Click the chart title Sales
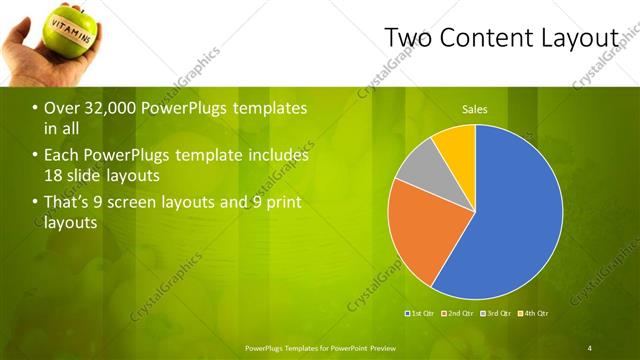point(474,108)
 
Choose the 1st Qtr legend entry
point(422,314)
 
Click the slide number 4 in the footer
point(590,347)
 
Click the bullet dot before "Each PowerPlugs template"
point(36,156)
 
